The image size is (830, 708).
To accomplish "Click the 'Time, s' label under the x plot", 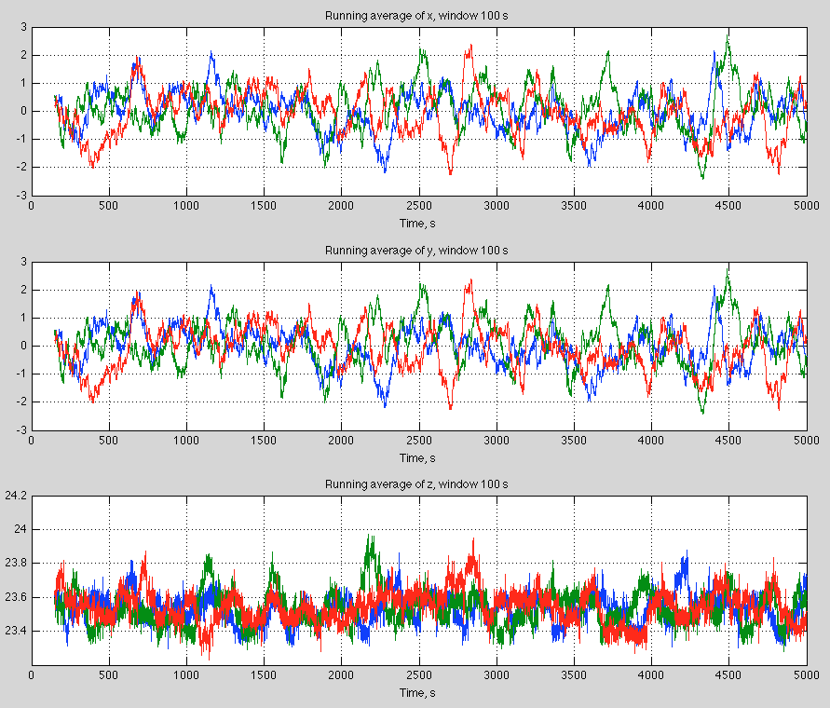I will point(418,224).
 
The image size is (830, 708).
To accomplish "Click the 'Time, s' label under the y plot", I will point(418,457).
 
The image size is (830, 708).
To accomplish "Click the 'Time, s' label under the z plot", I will point(418,692).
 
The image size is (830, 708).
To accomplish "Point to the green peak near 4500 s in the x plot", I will point(728,31).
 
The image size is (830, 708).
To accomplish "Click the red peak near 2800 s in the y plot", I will point(469,279).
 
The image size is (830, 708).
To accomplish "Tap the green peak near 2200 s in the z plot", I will point(370,536).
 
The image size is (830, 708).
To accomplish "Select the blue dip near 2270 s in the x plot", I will point(385,171).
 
